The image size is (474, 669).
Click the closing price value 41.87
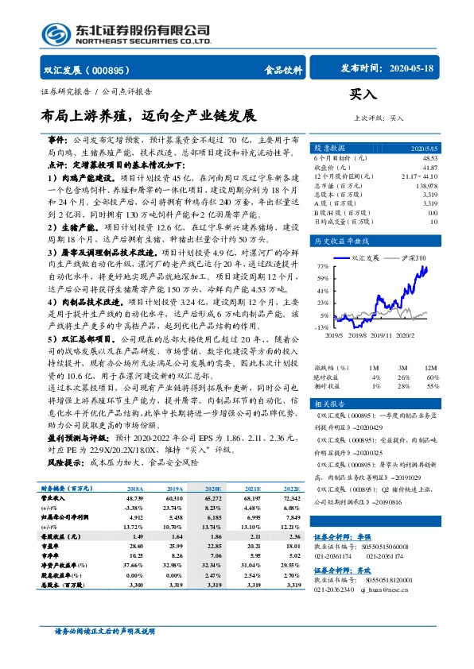(x=429, y=167)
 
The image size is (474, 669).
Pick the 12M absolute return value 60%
(x=433, y=354)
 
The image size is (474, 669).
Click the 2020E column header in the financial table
(x=212, y=489)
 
